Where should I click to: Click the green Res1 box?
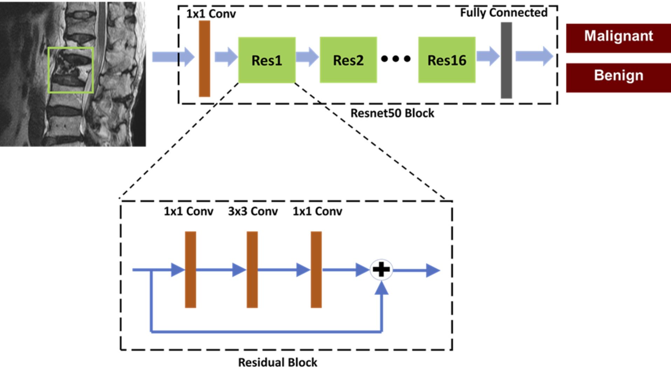click(x=267, y=60)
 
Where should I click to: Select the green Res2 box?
click(x=348, y=60)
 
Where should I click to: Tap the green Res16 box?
click(x=447, y=60)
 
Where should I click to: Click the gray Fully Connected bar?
click(x=506, y=60)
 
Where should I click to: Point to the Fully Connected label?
click(x=503, y=13)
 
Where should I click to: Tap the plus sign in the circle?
click(x=381, y=270)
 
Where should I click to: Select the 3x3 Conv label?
click(x=253, y=211)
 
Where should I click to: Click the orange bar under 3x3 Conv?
click(x=252, y=269)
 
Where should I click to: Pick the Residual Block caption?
click(x=277, y=362)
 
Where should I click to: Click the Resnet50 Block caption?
click(x=392, y=113)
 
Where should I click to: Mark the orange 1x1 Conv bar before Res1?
click(x=205, y=59)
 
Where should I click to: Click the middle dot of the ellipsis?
click(x=395, y=59)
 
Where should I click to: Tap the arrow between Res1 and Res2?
click(x=307, y=57)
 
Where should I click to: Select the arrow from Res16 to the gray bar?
click(x=488, y=56)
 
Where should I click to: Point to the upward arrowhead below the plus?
click(x=381, y=288)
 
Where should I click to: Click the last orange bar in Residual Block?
click(x=316, y=269)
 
